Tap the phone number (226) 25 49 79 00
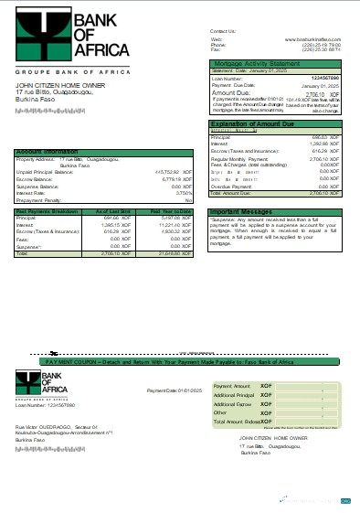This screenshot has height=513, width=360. point(326,44)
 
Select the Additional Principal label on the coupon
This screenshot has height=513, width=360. point(232,394)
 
